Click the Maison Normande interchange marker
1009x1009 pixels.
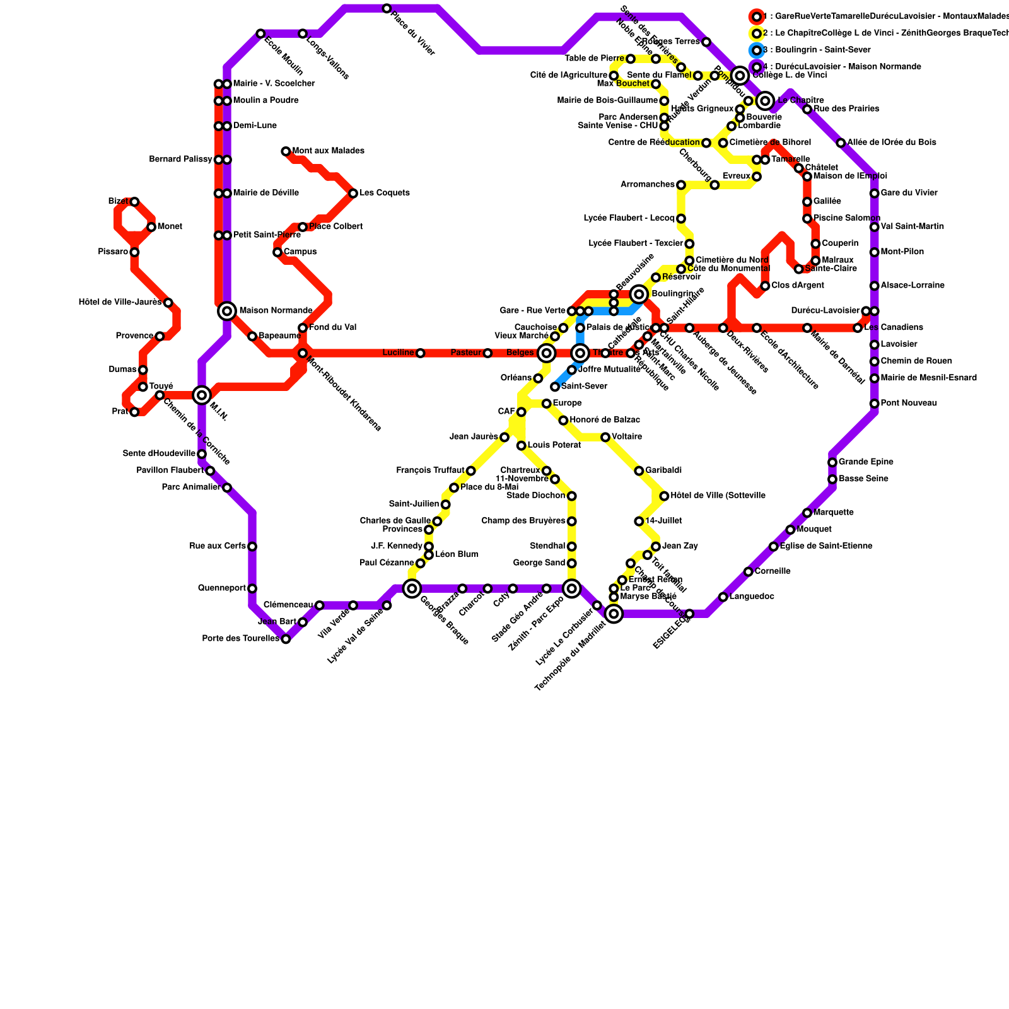(227, 311)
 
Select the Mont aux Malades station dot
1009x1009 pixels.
(286, 151)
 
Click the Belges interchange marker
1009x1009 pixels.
(547, 353)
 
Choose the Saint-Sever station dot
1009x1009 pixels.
(555, 387)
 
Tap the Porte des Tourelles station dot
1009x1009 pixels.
(286, 639)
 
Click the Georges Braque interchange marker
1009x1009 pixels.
(412, 589)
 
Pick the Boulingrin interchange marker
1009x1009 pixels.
(639, 294)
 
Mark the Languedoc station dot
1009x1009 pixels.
(723, 597)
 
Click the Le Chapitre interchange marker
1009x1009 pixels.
(766, 101)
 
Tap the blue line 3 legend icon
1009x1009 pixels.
(757, 50)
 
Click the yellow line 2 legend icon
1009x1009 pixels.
(757, 33)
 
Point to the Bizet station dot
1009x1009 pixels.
(134, 202)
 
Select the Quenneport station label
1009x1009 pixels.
(221, 588)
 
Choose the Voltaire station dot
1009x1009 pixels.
(605, 437)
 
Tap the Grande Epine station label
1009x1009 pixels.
(866, 462)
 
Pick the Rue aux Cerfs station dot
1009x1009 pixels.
(252, 546)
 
